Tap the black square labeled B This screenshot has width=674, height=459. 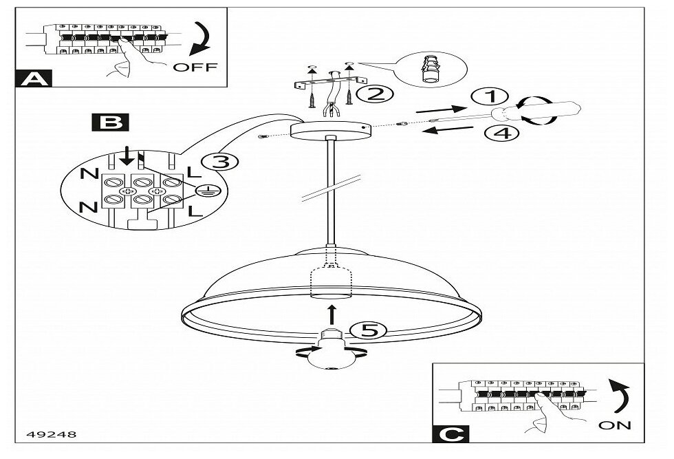(x=108, y=123)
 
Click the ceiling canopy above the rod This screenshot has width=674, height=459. (x=330, y=131)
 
